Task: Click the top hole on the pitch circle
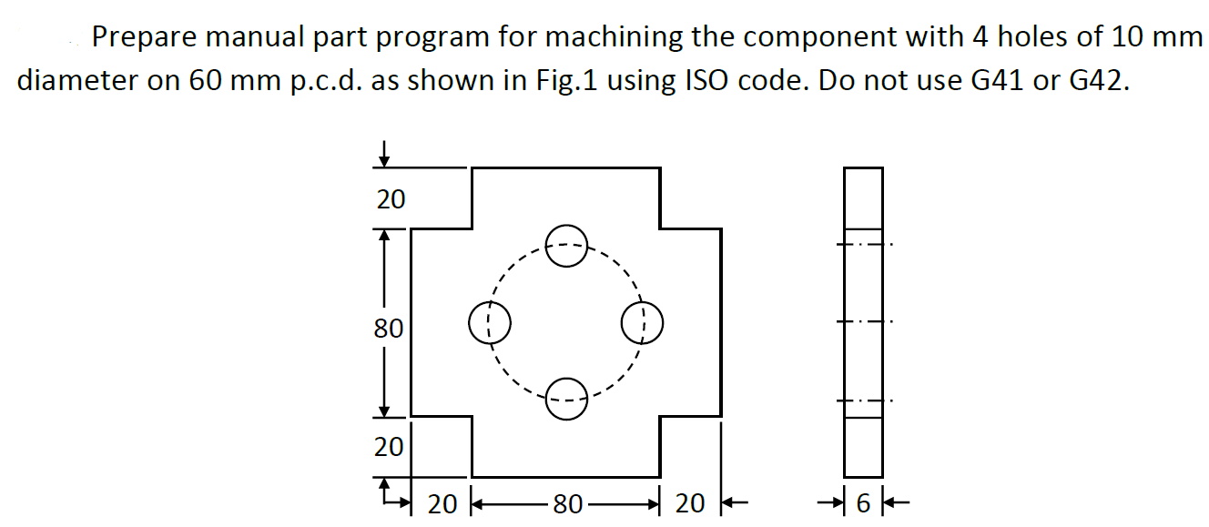(566, 245)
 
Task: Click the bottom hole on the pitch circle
(566, 400)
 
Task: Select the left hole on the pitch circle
(489, 322)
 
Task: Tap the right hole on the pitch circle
(643, 322)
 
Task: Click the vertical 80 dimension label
(389, 328)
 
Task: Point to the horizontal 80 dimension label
(567, 503)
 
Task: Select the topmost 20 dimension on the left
(391, 199)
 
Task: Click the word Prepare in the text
(146, 38)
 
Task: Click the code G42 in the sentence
(1098, 81)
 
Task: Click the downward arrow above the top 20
(385, 154)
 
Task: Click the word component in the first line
(808, 38)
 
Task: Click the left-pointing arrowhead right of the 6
(898, 502)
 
